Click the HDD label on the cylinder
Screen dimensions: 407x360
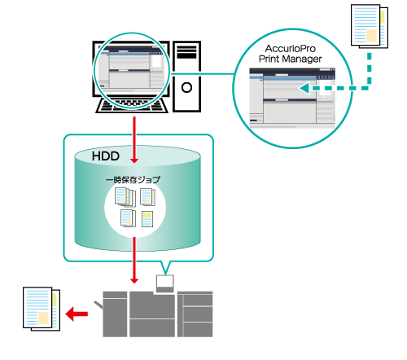(106, 156)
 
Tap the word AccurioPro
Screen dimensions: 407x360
(291, 49)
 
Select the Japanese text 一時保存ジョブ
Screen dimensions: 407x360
(133, 180)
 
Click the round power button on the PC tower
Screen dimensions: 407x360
(186, 87)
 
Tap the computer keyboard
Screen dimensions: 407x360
(132, 105)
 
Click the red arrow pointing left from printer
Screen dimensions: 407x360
(77, 314)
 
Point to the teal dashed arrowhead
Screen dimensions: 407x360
(304, 88)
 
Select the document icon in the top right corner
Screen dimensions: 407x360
(370, 26)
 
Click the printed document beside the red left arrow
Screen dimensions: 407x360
(42, 309)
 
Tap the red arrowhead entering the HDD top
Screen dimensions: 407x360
(134, 160)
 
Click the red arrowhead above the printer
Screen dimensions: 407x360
(134, 280)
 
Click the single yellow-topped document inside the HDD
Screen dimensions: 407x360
(147, 219)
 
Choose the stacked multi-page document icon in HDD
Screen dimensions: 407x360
(125, 197)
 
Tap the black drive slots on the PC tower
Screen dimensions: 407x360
(186, 52)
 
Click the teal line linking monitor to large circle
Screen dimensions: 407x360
(201, 73)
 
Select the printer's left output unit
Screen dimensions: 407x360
(115, 314)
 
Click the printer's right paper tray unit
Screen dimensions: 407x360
(195, 314)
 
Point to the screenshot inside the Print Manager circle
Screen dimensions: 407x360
(292, 98)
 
